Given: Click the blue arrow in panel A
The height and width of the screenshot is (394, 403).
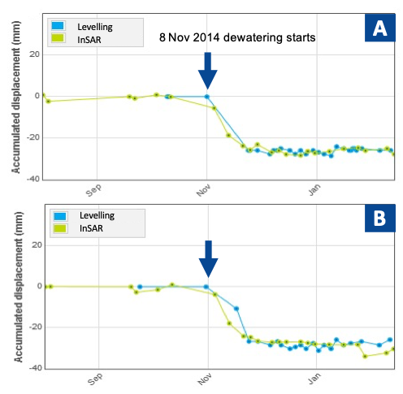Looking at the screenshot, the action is pos(207,71).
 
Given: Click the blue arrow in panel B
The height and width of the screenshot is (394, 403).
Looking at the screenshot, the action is pos(208,259).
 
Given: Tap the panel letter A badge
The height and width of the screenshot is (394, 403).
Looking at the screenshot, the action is pos(379,28).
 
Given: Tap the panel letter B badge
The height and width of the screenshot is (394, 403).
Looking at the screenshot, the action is pos(379,219).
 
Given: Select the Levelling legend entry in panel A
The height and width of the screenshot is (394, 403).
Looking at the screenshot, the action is pos(82,27).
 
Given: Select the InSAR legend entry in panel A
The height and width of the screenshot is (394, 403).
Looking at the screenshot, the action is pos(76,40).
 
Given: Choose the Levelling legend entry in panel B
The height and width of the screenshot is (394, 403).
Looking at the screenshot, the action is pos(84,215).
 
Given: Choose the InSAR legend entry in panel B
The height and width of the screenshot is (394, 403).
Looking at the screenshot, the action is pos(78,228).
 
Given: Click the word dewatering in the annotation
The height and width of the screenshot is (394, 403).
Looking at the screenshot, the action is pos(250,37).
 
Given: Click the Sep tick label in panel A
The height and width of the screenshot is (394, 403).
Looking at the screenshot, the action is pos(93,190).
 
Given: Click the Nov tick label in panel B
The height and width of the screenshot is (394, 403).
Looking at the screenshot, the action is pos(204,379).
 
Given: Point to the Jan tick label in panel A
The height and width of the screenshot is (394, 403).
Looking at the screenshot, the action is pos(314,189).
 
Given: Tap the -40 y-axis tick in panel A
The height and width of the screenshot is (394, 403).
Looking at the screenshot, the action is pos(33,179).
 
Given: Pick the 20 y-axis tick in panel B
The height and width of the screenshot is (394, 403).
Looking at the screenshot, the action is pos(37,245).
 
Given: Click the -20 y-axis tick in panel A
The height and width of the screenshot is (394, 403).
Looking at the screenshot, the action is pos(33,137).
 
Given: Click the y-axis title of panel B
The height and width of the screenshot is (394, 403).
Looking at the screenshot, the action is pos(19,287).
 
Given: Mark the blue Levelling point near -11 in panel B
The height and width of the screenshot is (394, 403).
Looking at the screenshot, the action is pos(236,309).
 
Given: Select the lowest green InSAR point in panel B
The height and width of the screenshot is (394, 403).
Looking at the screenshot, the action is pos(365,356).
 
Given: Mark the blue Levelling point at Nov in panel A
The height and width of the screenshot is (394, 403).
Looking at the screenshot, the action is pos(207,97).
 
